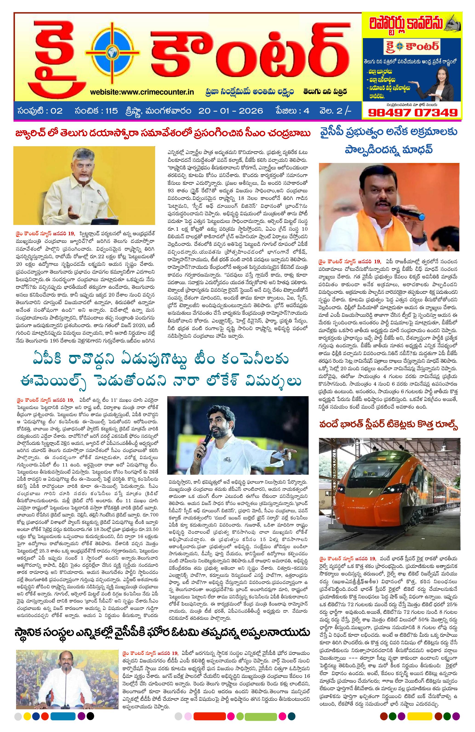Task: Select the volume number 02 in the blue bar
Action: pos(57,111)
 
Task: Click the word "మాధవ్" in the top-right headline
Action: pos(415,150)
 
